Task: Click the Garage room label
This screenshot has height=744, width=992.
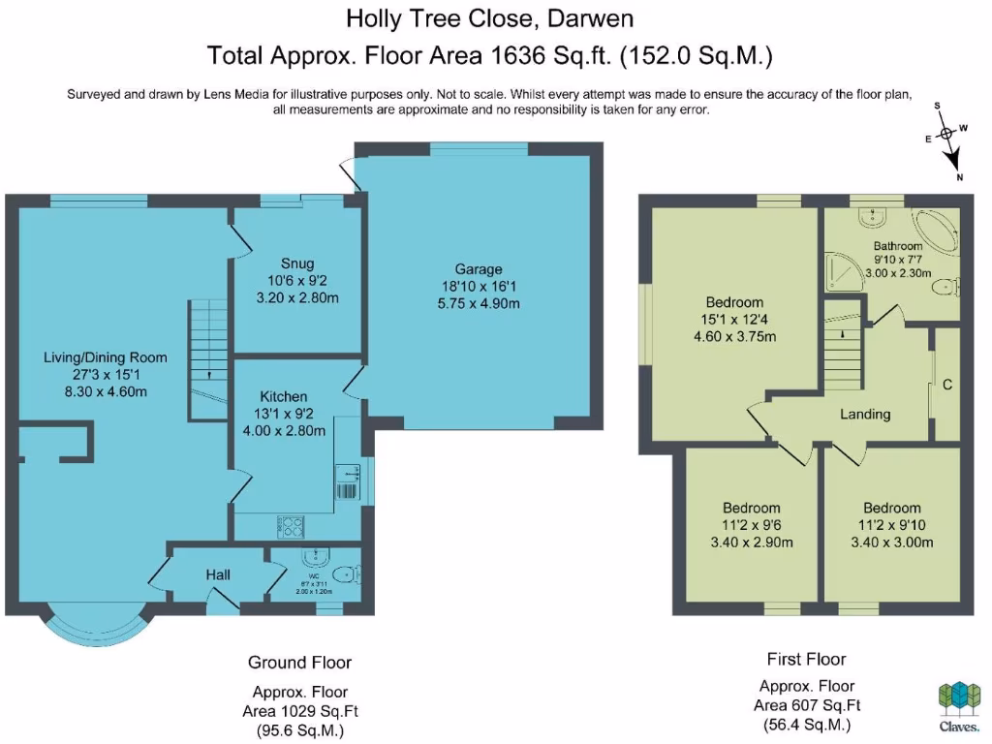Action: [x=479, y=269]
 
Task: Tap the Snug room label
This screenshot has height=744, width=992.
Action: [x=297, y=263]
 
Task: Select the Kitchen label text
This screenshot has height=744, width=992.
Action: [x=284, y=396]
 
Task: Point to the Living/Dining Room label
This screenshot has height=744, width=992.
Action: [x=106, y=356]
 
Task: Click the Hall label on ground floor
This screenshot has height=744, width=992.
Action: [x=218, y=574]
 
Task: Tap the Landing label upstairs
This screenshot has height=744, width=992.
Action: [x=864, y=414]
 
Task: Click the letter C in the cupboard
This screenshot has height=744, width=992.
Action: [x=947, y=385]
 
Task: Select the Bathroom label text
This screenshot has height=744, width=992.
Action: [x=897, y=246]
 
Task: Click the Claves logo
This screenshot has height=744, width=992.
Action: [x=957, y=705]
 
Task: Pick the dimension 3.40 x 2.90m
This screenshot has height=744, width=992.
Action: [x=753, y=542]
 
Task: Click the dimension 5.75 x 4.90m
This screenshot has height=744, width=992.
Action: [x=479, y=303]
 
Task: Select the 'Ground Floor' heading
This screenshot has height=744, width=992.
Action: [x=299, y=663]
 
